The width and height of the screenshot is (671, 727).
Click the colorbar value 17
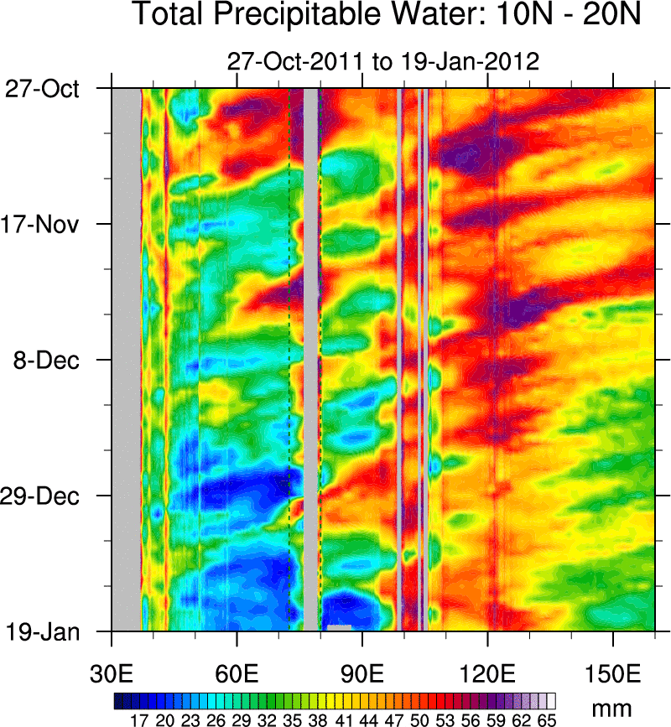[139, 719]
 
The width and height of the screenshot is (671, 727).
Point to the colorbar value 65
[547, 719]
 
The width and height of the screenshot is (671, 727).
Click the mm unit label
[613, 709]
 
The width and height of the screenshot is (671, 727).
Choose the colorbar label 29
[242, 719]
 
